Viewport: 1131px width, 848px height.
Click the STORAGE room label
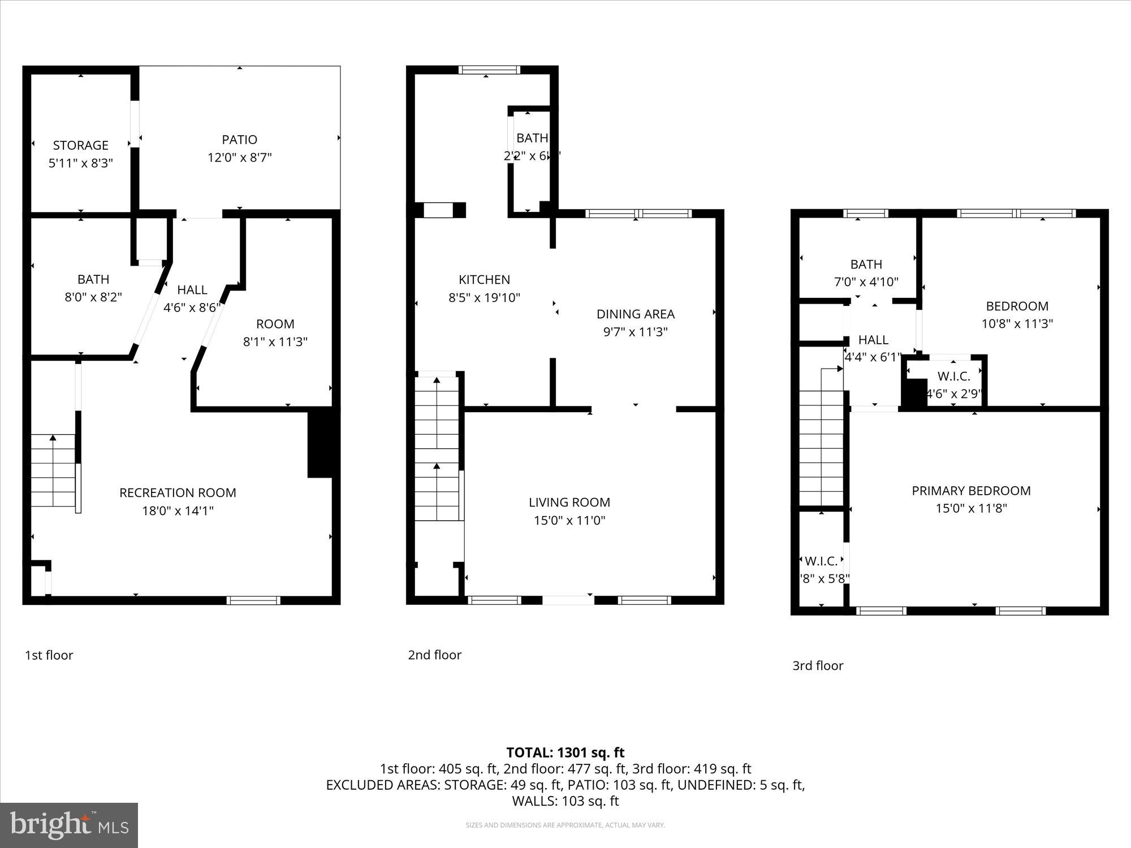click(80, 145)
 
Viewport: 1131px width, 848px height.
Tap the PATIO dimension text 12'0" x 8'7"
click(239, 157)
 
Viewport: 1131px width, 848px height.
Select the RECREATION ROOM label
click(178, 492)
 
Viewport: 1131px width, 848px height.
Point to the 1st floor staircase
click(53, 470)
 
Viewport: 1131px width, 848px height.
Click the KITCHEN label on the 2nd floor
click(484, 279)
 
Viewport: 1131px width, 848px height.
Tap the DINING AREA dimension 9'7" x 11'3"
click(635, 332)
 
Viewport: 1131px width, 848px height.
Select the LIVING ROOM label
click(569, 502)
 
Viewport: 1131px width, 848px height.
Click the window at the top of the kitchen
click(489, 70)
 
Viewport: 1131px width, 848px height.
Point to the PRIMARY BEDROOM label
click(971, 491)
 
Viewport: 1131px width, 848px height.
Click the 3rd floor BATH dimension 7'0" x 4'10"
click(866, 282)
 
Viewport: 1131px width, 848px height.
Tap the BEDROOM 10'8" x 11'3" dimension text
click(1017, 324)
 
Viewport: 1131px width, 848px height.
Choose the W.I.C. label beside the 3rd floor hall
click(953, 376)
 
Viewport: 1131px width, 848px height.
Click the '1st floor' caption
click(49, 655)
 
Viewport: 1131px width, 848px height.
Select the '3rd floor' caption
click(817, 665)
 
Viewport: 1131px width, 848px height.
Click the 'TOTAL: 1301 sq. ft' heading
click(565, 752)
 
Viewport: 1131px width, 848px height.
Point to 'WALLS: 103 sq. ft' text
click(565, 801)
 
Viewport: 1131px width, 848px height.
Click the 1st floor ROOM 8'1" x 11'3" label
click(275, 324)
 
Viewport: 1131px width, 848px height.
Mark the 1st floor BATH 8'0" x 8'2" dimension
click(93, 297)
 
